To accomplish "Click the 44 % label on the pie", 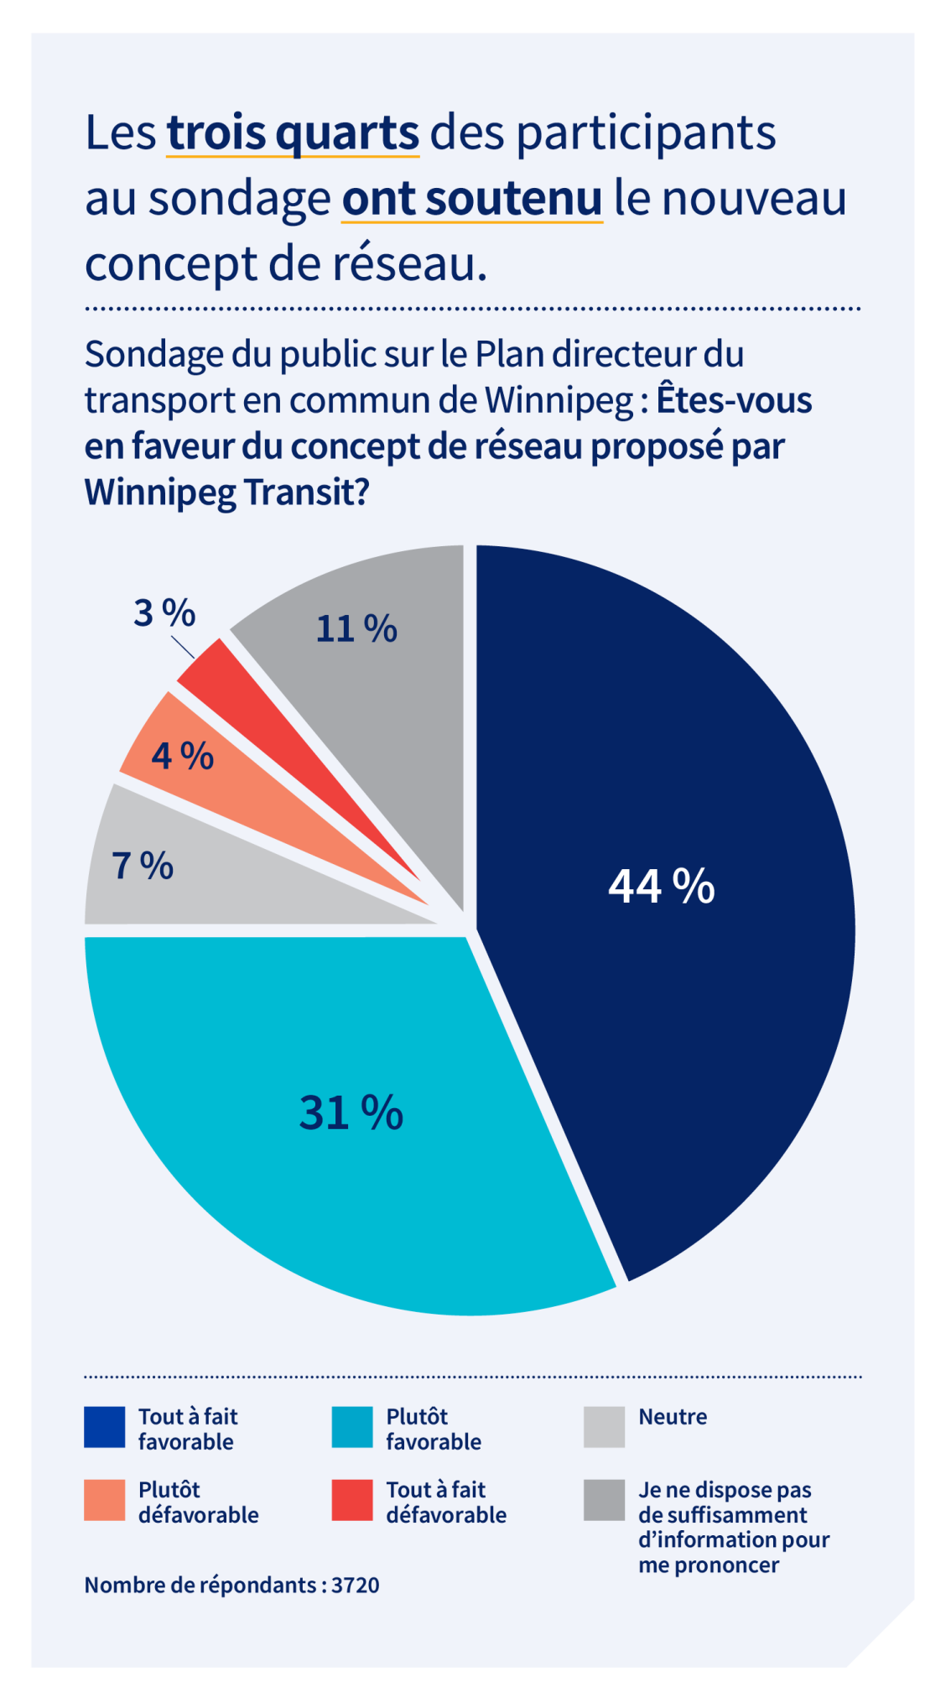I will point(661,886).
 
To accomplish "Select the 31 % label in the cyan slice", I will point(351,1112).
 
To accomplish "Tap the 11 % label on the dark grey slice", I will point(356,628).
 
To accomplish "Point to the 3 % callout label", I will point(164,612).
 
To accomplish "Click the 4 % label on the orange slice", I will point(182,756).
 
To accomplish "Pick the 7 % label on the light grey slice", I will point(143,865).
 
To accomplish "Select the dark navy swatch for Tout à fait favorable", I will point(105,1427).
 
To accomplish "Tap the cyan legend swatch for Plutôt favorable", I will point(352,1427).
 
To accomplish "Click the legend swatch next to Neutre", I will point(604,1427).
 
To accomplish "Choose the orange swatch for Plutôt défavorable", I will point(105,1500).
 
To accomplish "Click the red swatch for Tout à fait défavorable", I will point(352,1500).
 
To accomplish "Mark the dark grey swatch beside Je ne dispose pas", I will point(604,1500).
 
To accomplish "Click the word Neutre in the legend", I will point(673,1417).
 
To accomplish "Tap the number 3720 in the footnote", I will point(356,1585).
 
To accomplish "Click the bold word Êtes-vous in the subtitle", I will point(734,399).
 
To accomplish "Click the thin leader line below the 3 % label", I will point(184,647).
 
